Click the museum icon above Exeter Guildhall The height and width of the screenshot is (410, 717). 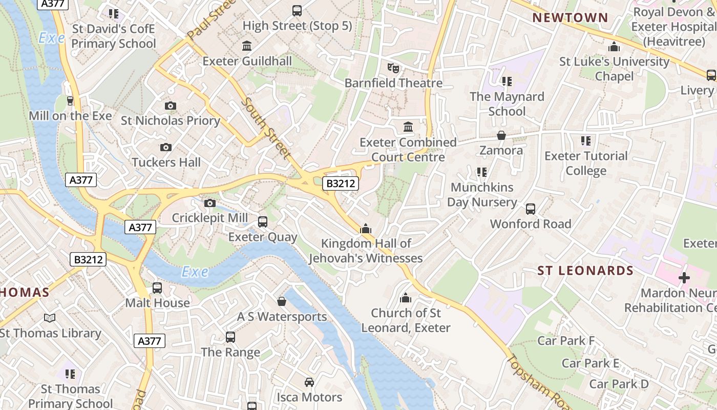click(x=247, y=46)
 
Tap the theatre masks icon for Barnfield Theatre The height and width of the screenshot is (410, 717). click(x=393, y=68)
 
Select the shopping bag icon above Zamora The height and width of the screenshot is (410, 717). click(x=501, y=135)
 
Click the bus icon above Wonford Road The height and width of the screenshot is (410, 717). click(x=531, y=209)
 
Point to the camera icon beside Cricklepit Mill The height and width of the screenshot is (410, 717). click(x=209, y=203)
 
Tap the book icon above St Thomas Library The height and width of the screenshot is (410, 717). click(x=50, y=318)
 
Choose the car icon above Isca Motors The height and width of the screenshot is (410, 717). click(x=309, y=382)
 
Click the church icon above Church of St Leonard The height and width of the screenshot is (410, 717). click(x=406, y=298)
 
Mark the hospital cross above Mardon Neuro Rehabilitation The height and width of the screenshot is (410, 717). click(x=684, y=278)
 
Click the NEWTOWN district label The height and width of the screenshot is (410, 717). click(x=570, y=18)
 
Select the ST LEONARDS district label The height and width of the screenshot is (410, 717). click(x=585, y=271)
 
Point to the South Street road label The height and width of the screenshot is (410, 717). click(x=265, y=128)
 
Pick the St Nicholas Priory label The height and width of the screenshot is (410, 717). click(x=170, y=121)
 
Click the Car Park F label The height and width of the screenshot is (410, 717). click(x=565, y=341)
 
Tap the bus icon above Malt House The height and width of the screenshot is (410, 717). click(x=157, y=288)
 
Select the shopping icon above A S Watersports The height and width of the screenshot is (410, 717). click(x=281, y=301)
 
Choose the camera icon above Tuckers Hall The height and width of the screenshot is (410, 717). click(x=165, y=148)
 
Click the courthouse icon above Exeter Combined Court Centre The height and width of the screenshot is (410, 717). click(x=408, y=127)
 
